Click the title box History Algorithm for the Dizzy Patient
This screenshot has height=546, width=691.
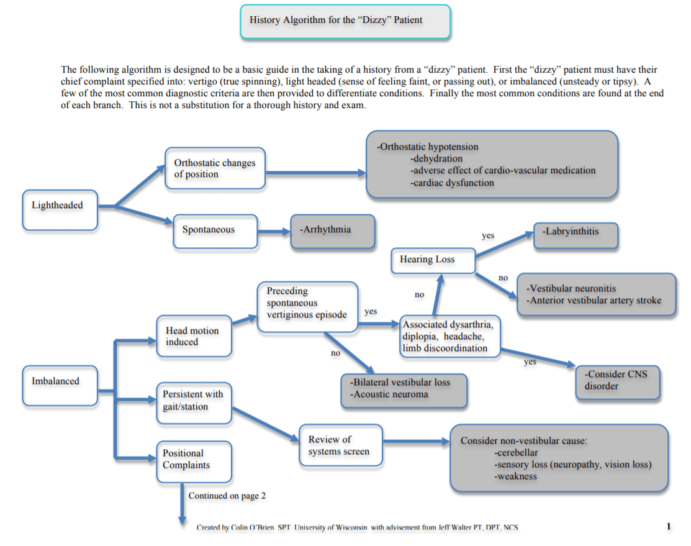(345, 21)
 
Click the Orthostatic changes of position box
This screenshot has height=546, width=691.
(215, 169)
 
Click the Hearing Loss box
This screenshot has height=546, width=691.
(433, 260)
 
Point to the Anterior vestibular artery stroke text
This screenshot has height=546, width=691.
(594, 301)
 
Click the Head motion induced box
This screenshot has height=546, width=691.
(194, 336)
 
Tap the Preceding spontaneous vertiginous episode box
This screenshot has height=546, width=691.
(307, 303)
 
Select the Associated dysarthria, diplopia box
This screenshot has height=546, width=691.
(449, 336)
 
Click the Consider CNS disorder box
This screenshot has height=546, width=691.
(616, 381)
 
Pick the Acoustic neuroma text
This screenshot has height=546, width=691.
(389, 394)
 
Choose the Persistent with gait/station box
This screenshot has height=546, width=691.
(194, 401)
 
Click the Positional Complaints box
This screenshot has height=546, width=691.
(194, 460)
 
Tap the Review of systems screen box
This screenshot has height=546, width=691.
(340, 445)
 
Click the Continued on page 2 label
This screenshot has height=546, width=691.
(227, 496)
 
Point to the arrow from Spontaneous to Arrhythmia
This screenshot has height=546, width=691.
(273, 232)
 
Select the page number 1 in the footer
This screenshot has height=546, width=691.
(668, 527)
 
